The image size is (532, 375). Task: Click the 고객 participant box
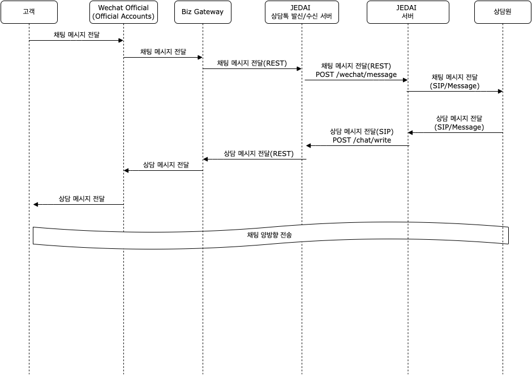pyautogui.click(x=29, y=12)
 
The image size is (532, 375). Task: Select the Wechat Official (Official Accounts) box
pyautogui.click(x=123, y=12)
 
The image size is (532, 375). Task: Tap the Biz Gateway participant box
pyautogui.click(x=203, y=12)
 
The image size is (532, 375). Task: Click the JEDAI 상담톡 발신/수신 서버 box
pyautogui.click(x=302, y=12)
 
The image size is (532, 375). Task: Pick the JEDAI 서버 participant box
pyautogui.click(x=408, y=12)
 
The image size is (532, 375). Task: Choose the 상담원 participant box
pyautogui.click(x=503, y=12)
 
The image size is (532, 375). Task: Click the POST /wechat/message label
pyautogui.click(x=356, y=75)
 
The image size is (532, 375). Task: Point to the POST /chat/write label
pyautogui.click(x=362, y=140)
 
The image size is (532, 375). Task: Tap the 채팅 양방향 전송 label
pyautogui.click(x=269, y=235)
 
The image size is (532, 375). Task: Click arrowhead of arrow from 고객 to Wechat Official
pyautogui.click(x=121, y=41)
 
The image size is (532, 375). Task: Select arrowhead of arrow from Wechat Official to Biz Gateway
pyautogui.click(x=200, y=58)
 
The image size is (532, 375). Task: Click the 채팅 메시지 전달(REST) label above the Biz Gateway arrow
pyautogui.click(x=252, y=63)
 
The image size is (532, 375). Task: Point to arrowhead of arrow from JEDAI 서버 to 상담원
pyautogui.click(x=500, y=92)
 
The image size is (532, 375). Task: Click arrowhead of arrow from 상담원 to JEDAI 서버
pyautogui.click(x=410, y=132)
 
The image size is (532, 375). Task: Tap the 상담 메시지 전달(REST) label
pyautogui.click(x=259, y=154)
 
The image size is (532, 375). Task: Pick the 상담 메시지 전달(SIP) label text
pyautogui.click(x=362, y=131)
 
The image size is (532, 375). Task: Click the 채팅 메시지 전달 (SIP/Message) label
pyautogui.click(x=454, y=81)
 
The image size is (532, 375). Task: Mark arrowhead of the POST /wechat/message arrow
pyautogui.click(x=405, y=80)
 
